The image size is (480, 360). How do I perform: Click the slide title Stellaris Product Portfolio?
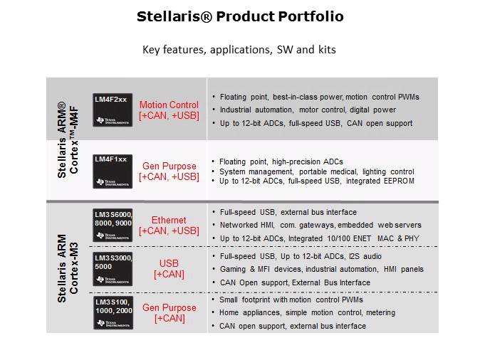point(239,16)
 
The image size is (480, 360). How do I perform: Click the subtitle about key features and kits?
point(239,50)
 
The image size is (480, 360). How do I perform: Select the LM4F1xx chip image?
point(113,171)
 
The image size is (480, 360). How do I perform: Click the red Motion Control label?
point(169,105)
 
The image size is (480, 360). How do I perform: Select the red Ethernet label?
point(169,221)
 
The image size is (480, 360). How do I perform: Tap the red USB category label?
point(169,263)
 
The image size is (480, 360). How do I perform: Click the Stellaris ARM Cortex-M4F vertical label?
point(67,139)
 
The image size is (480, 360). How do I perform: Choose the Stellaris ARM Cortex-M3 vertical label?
point(67,268)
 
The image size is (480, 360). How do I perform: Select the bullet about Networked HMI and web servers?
point(320,225)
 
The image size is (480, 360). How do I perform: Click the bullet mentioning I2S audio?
point(301,255)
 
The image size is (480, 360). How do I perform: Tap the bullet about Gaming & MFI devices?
point(321,269)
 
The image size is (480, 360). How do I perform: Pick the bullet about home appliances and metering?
point(307,312)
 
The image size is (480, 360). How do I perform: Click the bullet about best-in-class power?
point(319,97)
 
